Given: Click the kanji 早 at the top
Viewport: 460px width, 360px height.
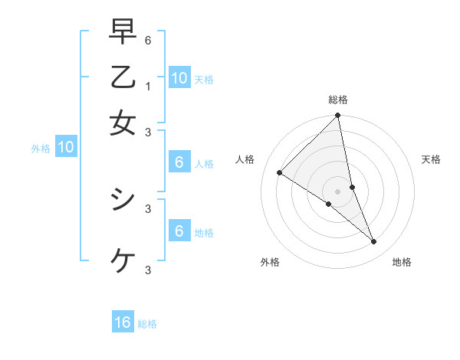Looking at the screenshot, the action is click(x=123, y=32).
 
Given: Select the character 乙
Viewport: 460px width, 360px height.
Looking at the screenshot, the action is click(x=123, y=78).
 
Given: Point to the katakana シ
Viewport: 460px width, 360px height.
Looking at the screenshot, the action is click(x=123, y=200).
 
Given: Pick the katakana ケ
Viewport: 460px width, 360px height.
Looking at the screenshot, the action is click(x=123, y=260).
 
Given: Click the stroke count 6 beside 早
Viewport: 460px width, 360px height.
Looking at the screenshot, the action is click(x=148, y=40).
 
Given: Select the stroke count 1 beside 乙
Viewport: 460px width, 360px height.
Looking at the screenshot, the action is click(x=148, y=87).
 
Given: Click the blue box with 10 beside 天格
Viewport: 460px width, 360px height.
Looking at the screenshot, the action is click(x=179, y=78).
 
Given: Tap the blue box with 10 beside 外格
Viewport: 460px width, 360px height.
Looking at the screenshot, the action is click(x=66, y=148).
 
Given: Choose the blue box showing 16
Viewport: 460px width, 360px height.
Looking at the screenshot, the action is click(x=123, y=322).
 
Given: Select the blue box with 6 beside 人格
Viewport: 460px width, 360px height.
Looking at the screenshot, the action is click(x=179, y=162).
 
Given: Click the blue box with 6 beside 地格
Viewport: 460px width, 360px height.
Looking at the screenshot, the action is click(x=179, y=231).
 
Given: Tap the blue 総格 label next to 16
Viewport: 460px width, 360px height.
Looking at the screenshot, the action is click(x=147, y=324).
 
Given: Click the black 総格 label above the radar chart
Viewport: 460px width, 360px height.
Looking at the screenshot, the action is click(x=338, y=100).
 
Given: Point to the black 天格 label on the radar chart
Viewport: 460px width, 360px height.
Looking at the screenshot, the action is click(x=431, y=159).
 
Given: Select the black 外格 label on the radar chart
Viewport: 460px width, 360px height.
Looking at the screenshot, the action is click(x=270, y=262).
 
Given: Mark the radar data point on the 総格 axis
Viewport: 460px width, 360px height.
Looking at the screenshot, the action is click(x=338, y=116).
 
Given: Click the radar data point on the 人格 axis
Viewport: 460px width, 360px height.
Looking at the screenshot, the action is click(x=279, y=173).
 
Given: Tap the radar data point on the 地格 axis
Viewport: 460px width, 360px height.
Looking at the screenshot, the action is click(x=374, y=242).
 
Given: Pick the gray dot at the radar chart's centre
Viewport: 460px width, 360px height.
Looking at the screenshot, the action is click(x=338, y=191).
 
